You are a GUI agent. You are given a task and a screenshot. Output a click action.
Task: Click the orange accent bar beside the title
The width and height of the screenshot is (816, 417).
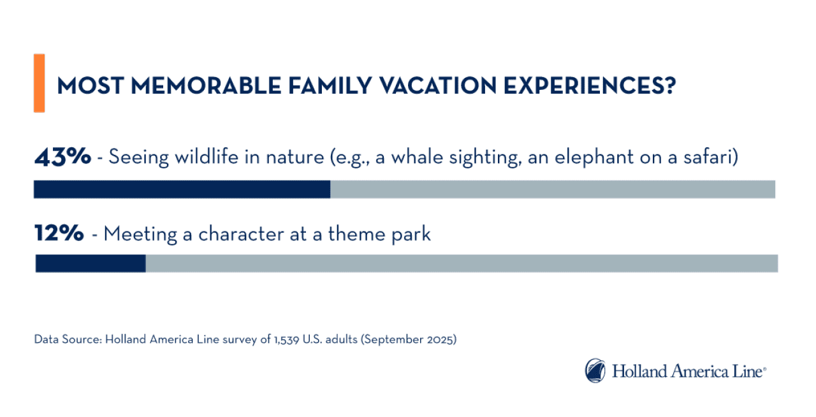tap(39, 83)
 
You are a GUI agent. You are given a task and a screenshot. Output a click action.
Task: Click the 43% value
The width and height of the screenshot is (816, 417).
tap(62, 157)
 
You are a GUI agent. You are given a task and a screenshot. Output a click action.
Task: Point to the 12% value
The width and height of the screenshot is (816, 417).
tap(59, 234)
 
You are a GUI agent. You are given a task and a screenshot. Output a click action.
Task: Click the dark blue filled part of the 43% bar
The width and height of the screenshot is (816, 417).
tap(182, 189)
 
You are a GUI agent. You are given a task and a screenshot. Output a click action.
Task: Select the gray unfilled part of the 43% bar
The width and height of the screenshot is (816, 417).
tap(552, 189)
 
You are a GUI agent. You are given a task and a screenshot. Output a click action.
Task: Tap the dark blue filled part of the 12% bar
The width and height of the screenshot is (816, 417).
tap(91, 263)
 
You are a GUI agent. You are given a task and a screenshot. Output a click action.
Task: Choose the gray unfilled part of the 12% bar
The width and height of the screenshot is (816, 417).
tap(461, 263)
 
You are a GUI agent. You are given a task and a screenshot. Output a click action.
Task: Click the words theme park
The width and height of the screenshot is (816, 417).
tap(379, 235)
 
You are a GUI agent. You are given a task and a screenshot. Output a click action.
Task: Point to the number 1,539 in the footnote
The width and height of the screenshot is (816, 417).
tap(275, 340)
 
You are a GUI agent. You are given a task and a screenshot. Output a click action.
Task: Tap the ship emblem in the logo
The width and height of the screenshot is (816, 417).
tap(595, 370)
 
